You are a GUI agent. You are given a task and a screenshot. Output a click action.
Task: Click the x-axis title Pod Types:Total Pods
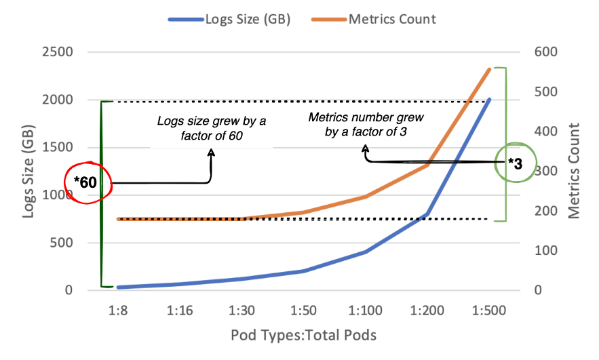point(303,335)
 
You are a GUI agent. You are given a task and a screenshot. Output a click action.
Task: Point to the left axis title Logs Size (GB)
point(29,172)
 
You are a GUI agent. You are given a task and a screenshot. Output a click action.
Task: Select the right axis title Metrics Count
point(575,172)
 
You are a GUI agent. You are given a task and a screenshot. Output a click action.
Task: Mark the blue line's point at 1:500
point(489,99)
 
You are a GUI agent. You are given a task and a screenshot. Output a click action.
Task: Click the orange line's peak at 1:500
point(489,68)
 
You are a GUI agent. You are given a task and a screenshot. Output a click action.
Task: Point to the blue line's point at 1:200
point(427,214)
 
